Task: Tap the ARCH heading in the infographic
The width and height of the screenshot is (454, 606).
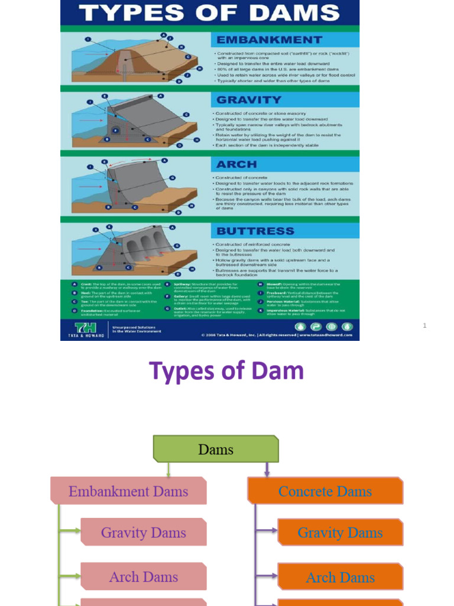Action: coord(236,164)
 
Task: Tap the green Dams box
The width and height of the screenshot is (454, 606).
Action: coord(216,449)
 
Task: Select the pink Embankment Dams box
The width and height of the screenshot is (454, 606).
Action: coord(128,491)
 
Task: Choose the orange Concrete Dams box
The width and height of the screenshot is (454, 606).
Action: coord(325,491)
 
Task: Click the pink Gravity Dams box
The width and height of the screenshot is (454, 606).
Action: coord(144,532)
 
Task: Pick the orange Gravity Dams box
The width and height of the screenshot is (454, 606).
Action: coord(340,533)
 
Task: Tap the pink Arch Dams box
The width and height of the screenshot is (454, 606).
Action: coord(144,577)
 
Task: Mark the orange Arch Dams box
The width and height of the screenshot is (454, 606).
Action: coord(340,578)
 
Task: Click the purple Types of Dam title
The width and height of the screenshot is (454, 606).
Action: coord(226,371)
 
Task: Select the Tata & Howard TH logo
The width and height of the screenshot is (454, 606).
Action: coord(86,328)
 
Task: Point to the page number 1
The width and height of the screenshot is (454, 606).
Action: coord(424,325)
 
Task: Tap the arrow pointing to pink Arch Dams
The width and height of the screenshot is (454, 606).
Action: coord(70,576)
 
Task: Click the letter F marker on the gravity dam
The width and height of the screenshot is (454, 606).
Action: coord(116,131)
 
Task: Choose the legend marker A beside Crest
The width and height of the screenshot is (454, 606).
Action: coord(74,284)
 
